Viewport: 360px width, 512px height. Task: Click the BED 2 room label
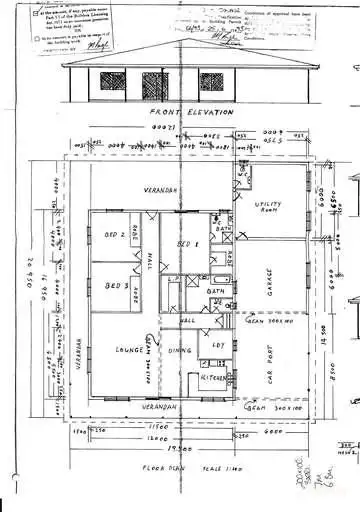[114, 236]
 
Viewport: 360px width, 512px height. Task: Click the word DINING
[179, 351]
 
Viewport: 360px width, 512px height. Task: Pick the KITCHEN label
[217, 381]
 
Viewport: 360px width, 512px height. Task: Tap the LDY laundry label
[218, 345]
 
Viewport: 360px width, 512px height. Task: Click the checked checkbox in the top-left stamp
[37, 17]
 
